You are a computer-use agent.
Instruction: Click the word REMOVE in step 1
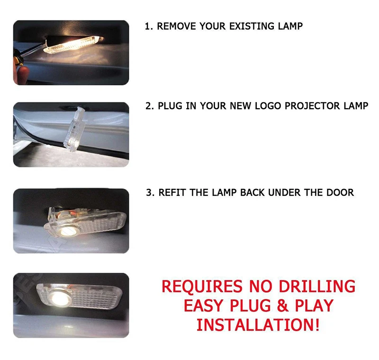[x=176, y=26]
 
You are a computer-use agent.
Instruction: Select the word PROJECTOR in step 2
[x=312, y=106]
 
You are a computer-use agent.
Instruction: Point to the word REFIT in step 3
[x=172, y=193]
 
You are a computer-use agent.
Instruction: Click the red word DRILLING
[x=317, y=286]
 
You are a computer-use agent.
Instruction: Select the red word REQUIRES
[x=202, y=286]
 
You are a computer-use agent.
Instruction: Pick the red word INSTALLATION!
[x=258, y=325]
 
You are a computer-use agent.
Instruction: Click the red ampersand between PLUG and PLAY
[x=283, y=305]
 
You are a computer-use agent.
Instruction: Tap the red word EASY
[x=204, y=305]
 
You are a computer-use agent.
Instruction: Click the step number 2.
[x=149, y=106]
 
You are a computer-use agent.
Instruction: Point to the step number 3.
[x=150, y=193]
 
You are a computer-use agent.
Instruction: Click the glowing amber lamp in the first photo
[x=72, y=44]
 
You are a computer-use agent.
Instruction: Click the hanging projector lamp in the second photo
[x=75, y=129]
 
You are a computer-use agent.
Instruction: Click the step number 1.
[x=148, y=26]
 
